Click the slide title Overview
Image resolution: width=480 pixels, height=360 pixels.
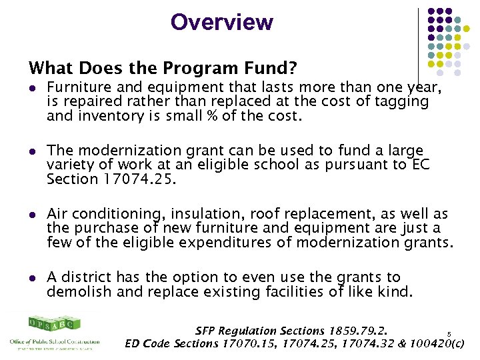tap(221, 22)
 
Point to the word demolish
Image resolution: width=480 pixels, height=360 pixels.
tap(75, 291)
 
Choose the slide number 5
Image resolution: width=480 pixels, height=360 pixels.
tap(449, 334)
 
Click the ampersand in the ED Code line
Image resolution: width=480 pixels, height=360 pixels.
tap(391, 344)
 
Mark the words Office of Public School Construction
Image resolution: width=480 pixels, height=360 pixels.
tap(55, 342)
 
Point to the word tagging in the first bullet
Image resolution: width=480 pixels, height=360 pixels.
tap(405, 101)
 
